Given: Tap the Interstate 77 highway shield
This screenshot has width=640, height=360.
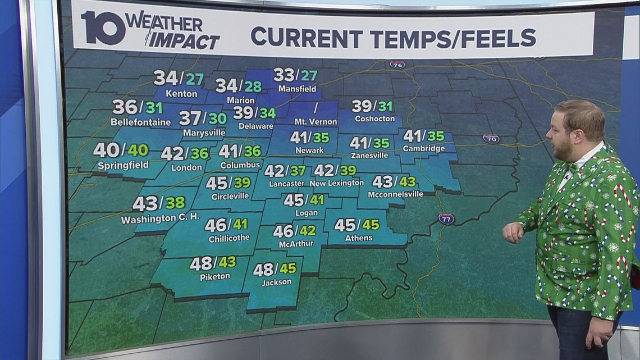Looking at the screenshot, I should tap(446, 218).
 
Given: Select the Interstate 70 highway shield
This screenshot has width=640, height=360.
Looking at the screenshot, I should tap(491, 139).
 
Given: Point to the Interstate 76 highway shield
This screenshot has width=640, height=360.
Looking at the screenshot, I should tap(397, 64).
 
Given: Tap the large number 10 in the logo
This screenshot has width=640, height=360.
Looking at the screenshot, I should tap(102, 30).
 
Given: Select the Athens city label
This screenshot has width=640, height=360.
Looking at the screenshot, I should tap(359, 238).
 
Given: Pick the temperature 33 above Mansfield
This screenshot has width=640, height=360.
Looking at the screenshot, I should tap(284, 75).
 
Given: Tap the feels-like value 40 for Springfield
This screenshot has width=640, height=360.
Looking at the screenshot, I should tap(138, 151).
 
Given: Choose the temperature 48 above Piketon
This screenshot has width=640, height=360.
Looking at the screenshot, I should tap(201, 263).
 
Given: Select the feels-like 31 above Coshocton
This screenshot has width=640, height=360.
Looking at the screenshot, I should tap(385, 106).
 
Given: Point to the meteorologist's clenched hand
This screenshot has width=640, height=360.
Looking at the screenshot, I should tap(512, 232).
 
